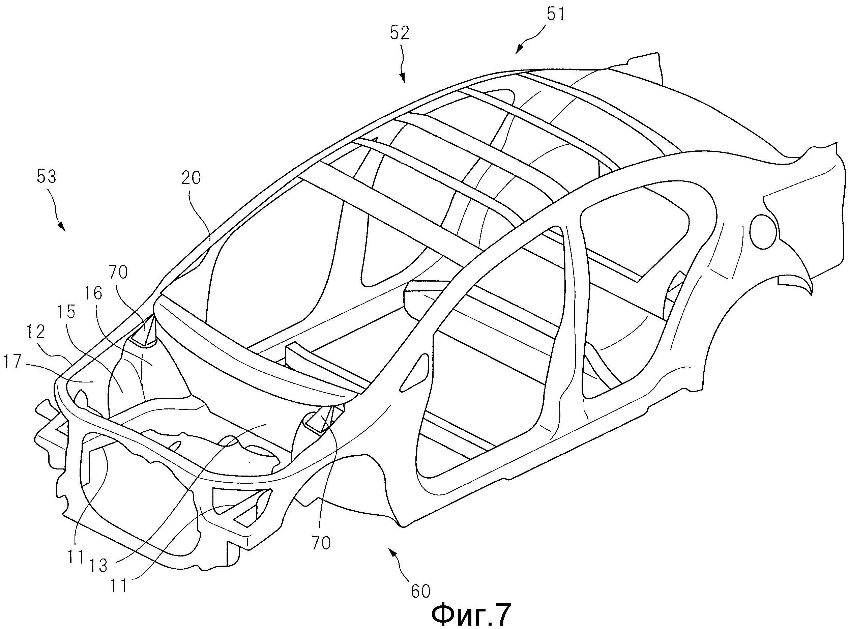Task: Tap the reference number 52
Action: [399, 33]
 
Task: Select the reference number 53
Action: [47, 177]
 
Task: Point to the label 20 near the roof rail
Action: [191, 178]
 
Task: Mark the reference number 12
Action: [36, 332]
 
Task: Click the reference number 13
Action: [98, 566]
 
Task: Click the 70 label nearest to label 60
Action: [321, 543]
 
